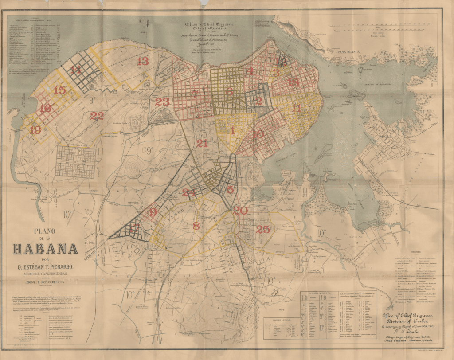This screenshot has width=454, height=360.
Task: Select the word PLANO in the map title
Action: click(x=46, y=230)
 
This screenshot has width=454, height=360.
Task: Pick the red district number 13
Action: click(x=143, y=62)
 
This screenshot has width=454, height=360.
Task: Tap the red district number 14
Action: click(x=76, y=69)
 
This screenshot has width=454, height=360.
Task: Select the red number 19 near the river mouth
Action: click(x=35, y=130)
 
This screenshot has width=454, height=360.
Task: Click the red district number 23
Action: click(x=162, y=102)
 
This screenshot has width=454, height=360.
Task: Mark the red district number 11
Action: click(x=296, y=108)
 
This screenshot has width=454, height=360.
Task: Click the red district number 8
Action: click(x=196, y=226)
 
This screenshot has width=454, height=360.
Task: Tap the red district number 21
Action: click(x=202, y=143)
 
